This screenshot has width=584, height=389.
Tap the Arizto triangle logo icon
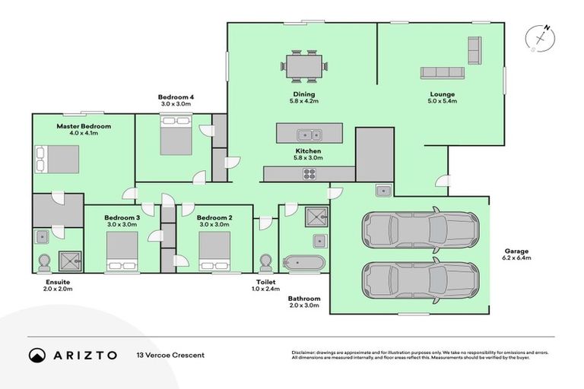point(37,355)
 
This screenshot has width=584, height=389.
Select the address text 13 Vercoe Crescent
point(170,355)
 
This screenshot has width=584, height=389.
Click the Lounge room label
point(442,94)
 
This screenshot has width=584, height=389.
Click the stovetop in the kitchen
point(310,174)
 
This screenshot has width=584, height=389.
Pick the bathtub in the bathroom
point(304,263)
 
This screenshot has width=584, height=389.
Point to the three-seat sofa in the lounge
point(443,73)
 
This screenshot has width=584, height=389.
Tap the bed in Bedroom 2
point(214,251)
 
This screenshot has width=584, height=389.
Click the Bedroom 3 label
point(122,217)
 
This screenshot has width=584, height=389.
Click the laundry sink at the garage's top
point(384,190)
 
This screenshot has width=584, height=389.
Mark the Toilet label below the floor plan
point(265,281)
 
